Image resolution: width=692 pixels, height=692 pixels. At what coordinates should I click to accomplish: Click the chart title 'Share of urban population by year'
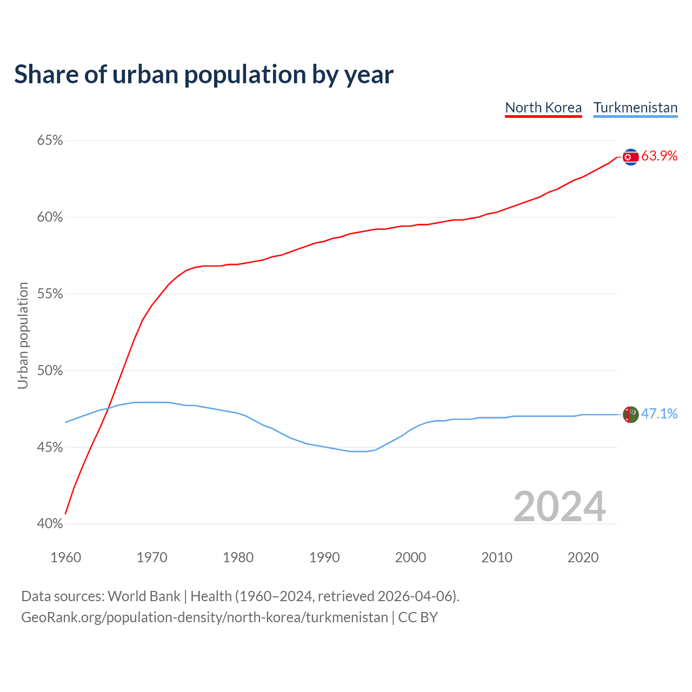click(204, 75)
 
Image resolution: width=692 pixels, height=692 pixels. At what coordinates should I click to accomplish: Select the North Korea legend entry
click(543, 108)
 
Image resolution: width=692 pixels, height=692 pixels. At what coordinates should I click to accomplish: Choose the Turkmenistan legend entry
click(635, 108)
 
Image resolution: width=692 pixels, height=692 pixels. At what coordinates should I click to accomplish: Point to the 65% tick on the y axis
click(50, 141)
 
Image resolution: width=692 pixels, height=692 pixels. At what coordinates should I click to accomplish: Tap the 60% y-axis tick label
click(50, 217)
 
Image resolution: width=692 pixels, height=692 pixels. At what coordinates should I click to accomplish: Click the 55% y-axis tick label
click(50, 294)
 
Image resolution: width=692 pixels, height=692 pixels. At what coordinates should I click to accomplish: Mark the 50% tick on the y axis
click(50, 371)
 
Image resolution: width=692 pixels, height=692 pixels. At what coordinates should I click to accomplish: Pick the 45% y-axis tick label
click(50, 448)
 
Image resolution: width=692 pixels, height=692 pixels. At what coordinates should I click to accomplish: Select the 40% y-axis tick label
click(50, 524)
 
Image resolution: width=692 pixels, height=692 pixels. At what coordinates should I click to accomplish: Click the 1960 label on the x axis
click(65, 557)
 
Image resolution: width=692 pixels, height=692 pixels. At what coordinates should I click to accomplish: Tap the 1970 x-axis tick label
click(152, 557)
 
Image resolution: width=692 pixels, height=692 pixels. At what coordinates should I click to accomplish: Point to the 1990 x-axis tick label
click(324, 557)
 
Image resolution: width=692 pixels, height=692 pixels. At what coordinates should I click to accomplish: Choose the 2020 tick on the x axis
click(583, 557)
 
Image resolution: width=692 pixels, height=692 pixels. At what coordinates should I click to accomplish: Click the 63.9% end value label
click(659, 156)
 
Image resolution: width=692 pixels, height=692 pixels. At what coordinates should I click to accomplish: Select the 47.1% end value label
click(659, 414)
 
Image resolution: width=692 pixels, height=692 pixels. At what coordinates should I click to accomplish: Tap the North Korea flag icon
click(630, 157)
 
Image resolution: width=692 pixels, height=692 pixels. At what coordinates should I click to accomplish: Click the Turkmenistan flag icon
click(630, 415)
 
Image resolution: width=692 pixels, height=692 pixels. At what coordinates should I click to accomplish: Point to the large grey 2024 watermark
click(560, 507)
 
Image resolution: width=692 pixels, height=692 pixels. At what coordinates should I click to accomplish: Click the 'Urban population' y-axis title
click(23, 335)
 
